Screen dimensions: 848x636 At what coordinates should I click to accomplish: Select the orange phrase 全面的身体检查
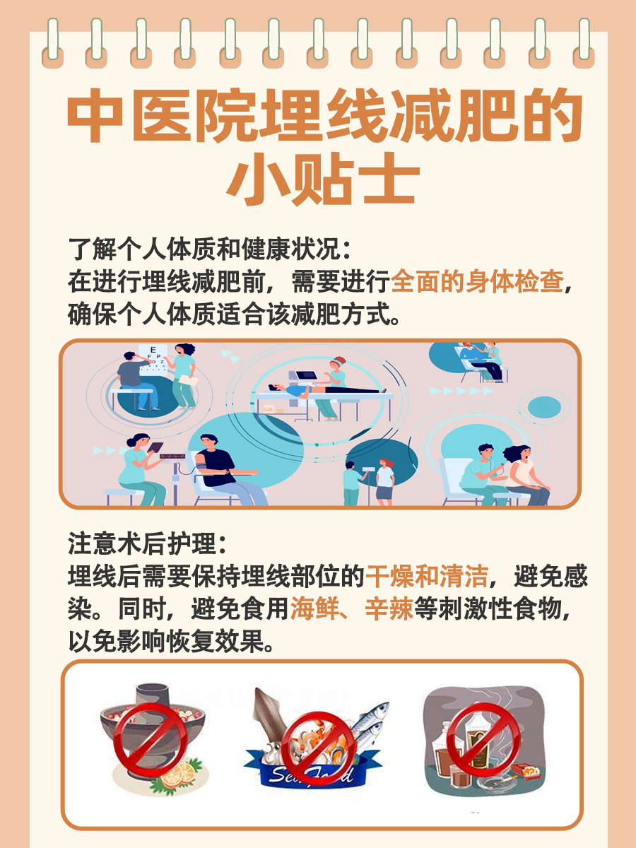point(477,281)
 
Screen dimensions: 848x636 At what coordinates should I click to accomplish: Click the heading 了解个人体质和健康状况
point(205,249)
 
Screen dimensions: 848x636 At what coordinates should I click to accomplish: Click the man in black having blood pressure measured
point(216,470)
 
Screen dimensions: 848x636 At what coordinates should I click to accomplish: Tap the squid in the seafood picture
point(272,714)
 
